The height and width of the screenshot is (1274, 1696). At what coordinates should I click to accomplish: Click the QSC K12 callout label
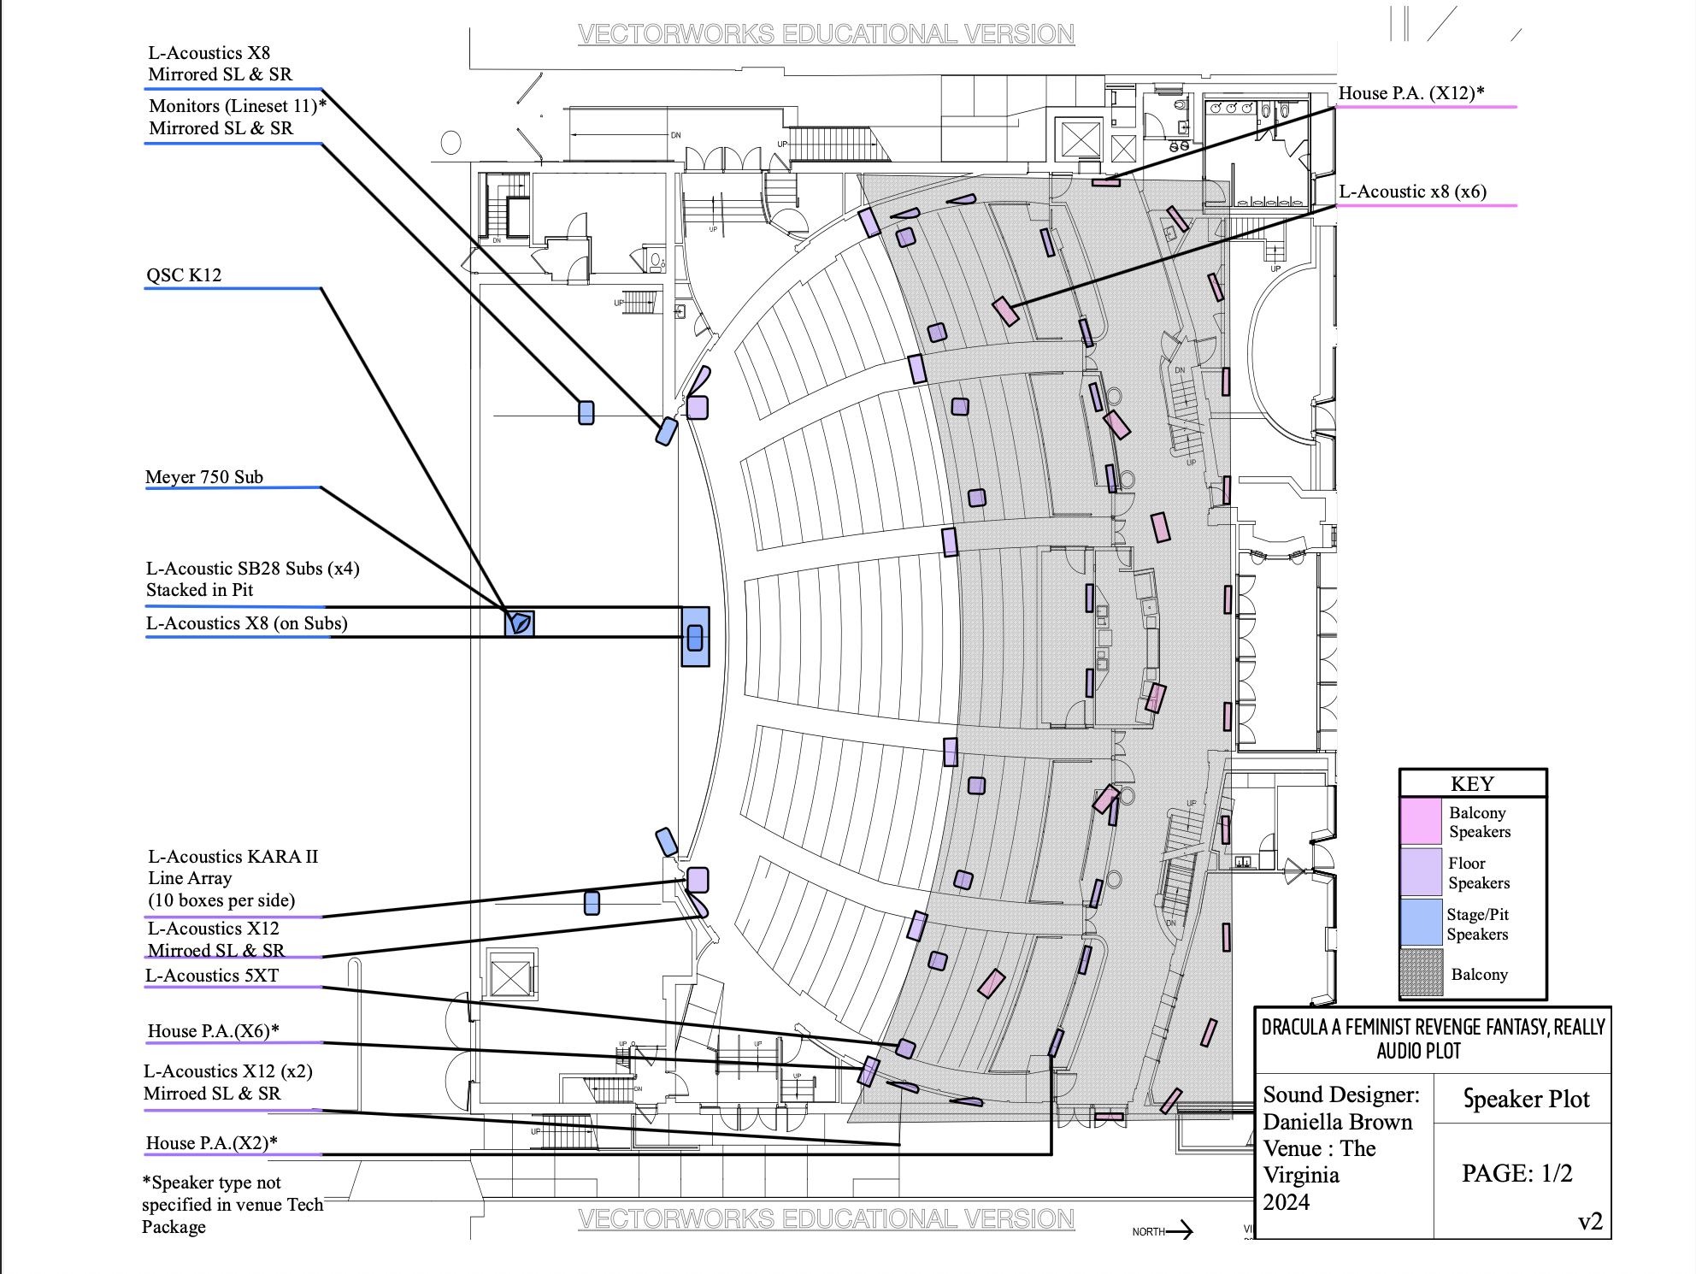(x=184, y=275)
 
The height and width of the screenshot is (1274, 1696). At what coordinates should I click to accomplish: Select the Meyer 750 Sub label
(x=204, y=477)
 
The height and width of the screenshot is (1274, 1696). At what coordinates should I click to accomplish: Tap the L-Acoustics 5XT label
(x=212, y=976)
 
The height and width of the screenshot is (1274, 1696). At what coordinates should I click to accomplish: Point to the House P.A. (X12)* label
(x=1411, y=93)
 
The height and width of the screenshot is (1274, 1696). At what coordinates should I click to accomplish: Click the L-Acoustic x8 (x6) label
(x=1412, y=192)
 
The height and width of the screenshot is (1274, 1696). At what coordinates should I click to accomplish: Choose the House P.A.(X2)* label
(x=211, y=1143)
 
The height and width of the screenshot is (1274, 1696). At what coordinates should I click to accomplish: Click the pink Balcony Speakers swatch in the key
(x=1421, y=821)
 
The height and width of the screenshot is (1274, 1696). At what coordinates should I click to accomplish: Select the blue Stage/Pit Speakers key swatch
(x=1421, y=923)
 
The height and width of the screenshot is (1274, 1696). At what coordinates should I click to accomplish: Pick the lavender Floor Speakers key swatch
(x=1421, y=871)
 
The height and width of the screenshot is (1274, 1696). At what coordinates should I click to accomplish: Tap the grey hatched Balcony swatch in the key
(x=1421, y=973)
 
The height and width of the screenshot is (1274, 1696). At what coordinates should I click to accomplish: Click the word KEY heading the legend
(x=1472, y=784)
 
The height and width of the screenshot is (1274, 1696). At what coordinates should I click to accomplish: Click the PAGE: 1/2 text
(x=1516, y=1173)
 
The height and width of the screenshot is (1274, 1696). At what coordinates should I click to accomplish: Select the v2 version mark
(x=1590, y=1222)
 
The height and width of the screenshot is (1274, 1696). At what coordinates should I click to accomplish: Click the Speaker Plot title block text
(x=1526, y=1099)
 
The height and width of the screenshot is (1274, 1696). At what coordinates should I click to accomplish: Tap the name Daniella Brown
(x=1338, y=1122)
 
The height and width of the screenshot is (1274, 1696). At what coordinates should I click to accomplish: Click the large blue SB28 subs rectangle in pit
(x=695, y=637)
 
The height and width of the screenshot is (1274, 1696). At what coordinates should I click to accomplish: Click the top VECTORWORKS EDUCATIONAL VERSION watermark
(x=826, y=34)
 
